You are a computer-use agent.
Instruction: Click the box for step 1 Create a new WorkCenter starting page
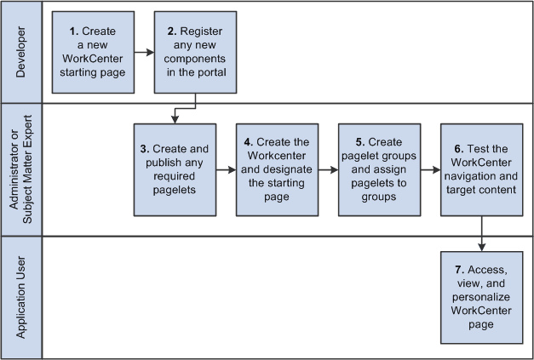coord(94,51)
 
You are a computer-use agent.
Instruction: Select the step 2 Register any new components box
coord(196,51)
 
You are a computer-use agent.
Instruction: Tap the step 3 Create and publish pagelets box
coord(175,169)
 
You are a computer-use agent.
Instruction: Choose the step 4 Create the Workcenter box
coord(277,169)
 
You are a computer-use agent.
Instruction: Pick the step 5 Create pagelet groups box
coord(379,169)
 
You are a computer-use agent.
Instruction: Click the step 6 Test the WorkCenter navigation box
coord(481,169)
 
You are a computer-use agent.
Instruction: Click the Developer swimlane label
coord(22,51)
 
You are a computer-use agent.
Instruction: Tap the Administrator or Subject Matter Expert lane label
coord(22,169)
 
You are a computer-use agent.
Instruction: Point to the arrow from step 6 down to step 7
coord(482,232)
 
